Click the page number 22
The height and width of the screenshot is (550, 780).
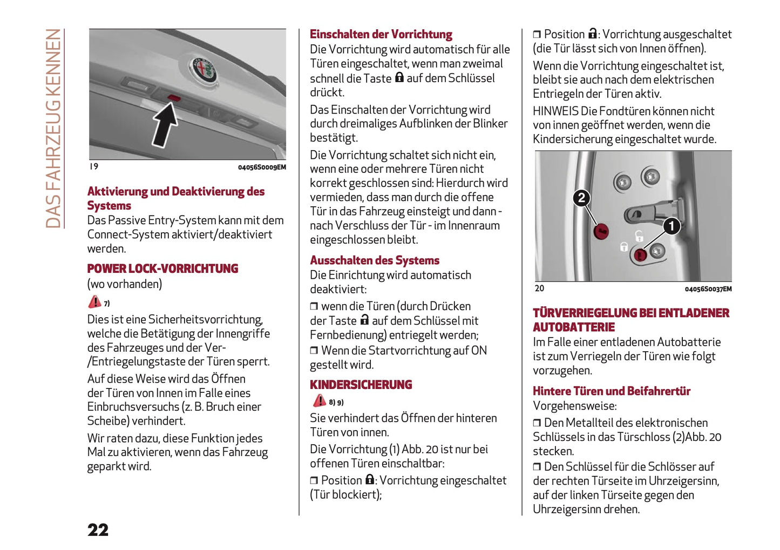click(98, 529)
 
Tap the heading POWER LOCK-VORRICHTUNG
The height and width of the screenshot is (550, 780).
click(162, 269)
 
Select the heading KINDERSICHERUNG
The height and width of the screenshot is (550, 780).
click(361, 385)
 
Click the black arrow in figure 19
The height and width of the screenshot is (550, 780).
click(165, 124)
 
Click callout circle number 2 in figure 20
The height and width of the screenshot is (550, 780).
click(581, 198)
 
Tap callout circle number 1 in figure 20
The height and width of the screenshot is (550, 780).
click(671, 225)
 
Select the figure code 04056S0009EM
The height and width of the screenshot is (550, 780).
click(262, 167)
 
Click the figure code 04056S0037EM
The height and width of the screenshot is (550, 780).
click(708, 289)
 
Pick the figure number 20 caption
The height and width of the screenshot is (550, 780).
click(539, 289)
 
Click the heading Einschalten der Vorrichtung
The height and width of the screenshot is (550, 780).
click(381, 34)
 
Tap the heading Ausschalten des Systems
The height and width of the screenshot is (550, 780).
click(374, 260)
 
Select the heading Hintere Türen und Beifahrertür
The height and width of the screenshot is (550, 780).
click(611, 391)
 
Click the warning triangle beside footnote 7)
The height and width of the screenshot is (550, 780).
click(94, 301)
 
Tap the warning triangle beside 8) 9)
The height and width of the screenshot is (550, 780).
click(320, 401)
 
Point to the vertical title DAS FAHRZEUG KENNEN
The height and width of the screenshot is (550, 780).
click(53, 129)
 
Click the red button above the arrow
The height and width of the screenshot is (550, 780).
click(174, 97)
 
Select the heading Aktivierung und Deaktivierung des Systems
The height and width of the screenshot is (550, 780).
click(175, 198)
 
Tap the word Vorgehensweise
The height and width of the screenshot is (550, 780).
click(574, 406)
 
